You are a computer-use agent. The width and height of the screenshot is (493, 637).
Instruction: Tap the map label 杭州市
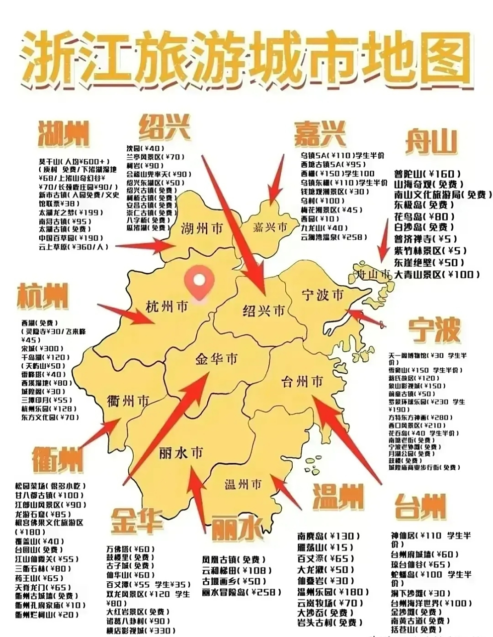(x=167, y=307)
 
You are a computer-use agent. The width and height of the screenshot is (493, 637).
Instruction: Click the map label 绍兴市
(x=263, y=311)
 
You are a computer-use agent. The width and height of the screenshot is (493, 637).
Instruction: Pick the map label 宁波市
(x=323, y=295)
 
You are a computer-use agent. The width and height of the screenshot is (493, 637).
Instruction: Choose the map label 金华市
(x=217, y=359)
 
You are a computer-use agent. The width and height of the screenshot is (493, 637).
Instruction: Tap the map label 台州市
(x=302, y=382)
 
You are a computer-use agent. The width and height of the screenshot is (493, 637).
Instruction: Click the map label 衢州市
(x=128, y=401)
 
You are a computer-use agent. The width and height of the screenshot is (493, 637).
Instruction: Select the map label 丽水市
(x=181, y=453)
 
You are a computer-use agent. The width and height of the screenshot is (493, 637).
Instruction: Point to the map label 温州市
(x=243, y=484)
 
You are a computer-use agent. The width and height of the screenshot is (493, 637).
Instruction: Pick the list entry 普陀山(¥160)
(x=424, y=174)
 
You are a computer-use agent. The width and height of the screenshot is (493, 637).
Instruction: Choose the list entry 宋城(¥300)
(x=42, y=348)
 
